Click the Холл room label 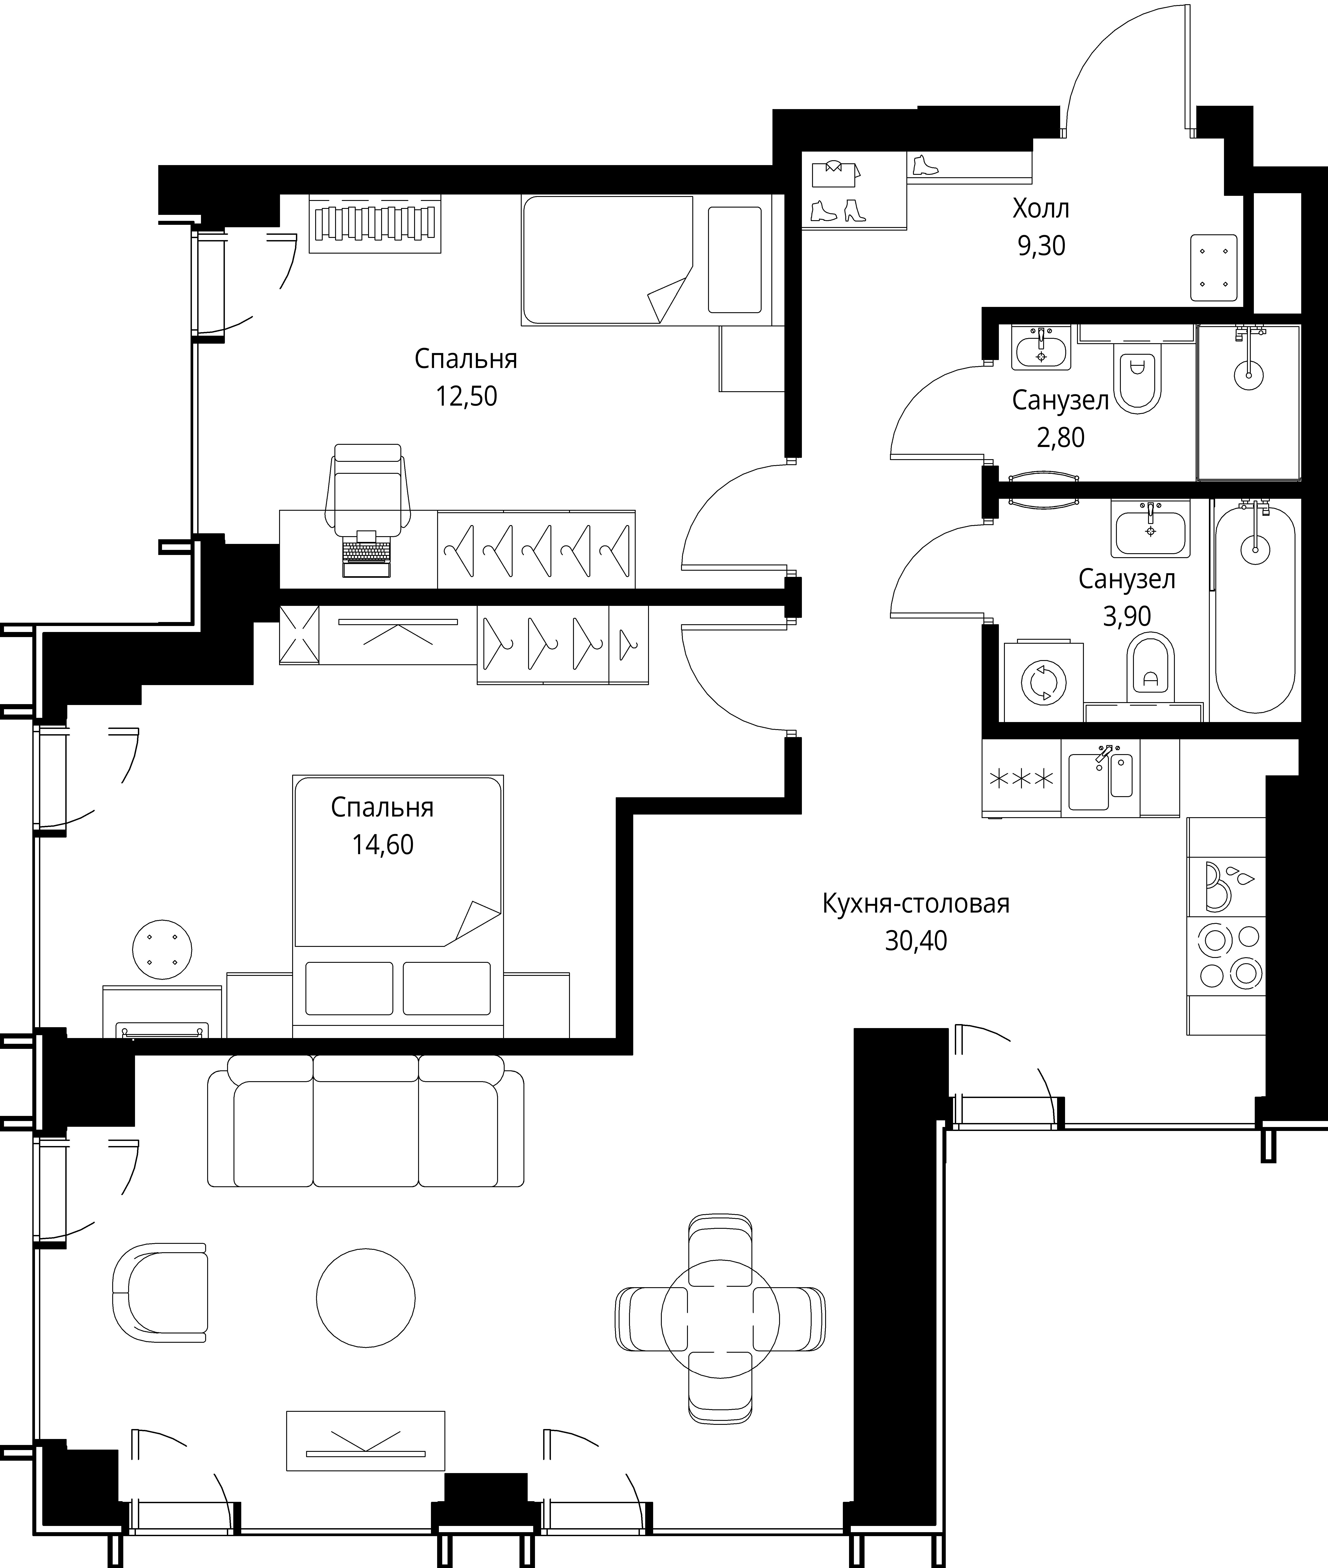coord(1040,208)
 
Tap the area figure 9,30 coord(1041,246)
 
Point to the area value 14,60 coord(382,845)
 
